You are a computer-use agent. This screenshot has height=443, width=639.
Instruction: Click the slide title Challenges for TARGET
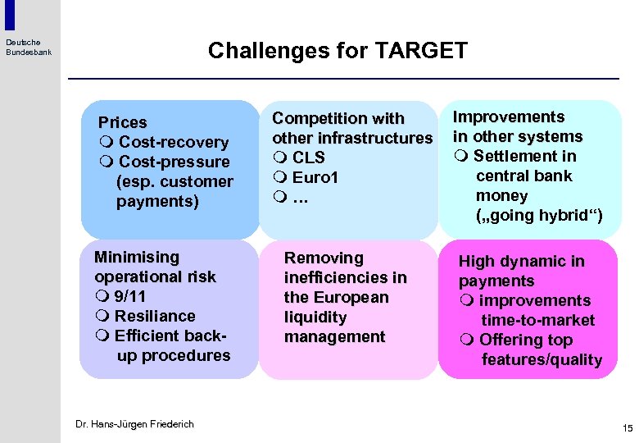click(x=338, y=51)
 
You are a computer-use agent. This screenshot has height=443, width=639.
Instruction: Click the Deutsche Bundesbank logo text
click(x=29, y=47)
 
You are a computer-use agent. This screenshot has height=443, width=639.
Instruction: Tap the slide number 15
click(x=628, y=428)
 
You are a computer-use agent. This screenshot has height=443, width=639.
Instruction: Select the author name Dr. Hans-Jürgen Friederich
click(x=134, y=424)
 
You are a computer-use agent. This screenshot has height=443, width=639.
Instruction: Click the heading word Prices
click(x=122, y=122)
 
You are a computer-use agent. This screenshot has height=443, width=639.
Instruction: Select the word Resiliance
click(x=155, y=316)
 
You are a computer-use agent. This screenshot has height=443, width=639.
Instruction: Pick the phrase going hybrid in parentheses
click(x=539, y=216)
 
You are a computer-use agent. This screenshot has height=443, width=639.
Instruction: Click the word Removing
click(x=324, y=258)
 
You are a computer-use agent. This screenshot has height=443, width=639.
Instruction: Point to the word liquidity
click(x=315, y=317)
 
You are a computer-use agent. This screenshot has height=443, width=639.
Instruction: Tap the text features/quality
click(x=542, y=360)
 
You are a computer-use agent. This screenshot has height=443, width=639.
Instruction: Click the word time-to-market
click(x=537, y=321)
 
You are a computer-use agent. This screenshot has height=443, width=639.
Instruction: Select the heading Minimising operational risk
click(x=155, y=267)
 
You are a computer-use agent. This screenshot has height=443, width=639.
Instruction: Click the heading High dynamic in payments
click(x=521, y=271)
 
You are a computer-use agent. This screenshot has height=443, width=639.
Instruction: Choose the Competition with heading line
click(x=338, y=118)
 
